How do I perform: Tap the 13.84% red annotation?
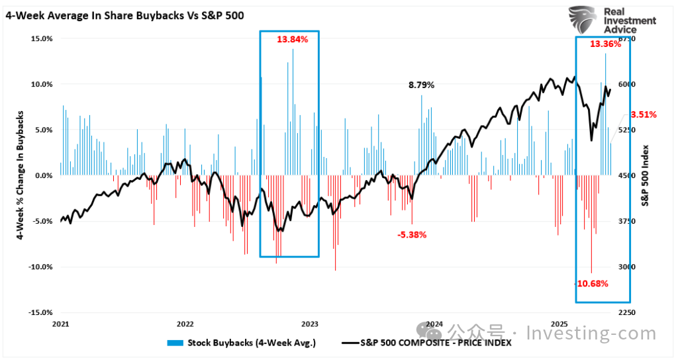pos(293,40)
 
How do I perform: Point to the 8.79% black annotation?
pos(421,85)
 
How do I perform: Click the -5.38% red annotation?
pos(412,234)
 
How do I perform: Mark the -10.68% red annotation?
pos(591,283)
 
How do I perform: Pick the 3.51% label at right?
pos(643,114)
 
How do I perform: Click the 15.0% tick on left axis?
pos(42,38)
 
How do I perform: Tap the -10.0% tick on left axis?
pos(41,267)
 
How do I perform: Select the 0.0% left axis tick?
pos(44,175)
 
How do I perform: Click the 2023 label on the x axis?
pos(310,324)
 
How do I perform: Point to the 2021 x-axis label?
pos(60,324)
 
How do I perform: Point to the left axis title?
pos(20,175)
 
